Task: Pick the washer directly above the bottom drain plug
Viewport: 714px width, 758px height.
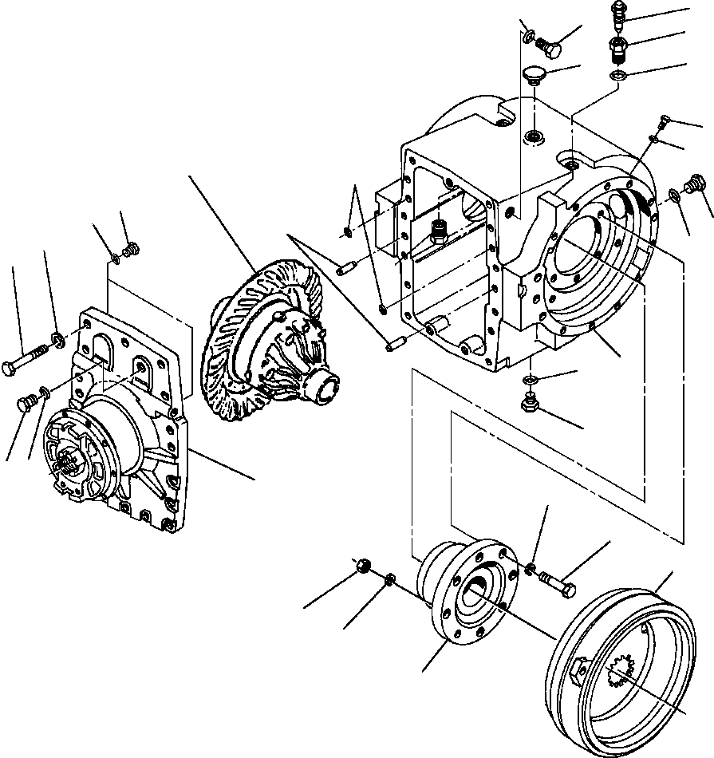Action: [x=531, y=379]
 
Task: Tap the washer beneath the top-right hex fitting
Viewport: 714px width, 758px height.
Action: [x=616, y=75]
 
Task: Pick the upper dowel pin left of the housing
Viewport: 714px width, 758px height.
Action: [x=345, y=269]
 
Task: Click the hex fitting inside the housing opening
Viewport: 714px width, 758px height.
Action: [x=439, y=232]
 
